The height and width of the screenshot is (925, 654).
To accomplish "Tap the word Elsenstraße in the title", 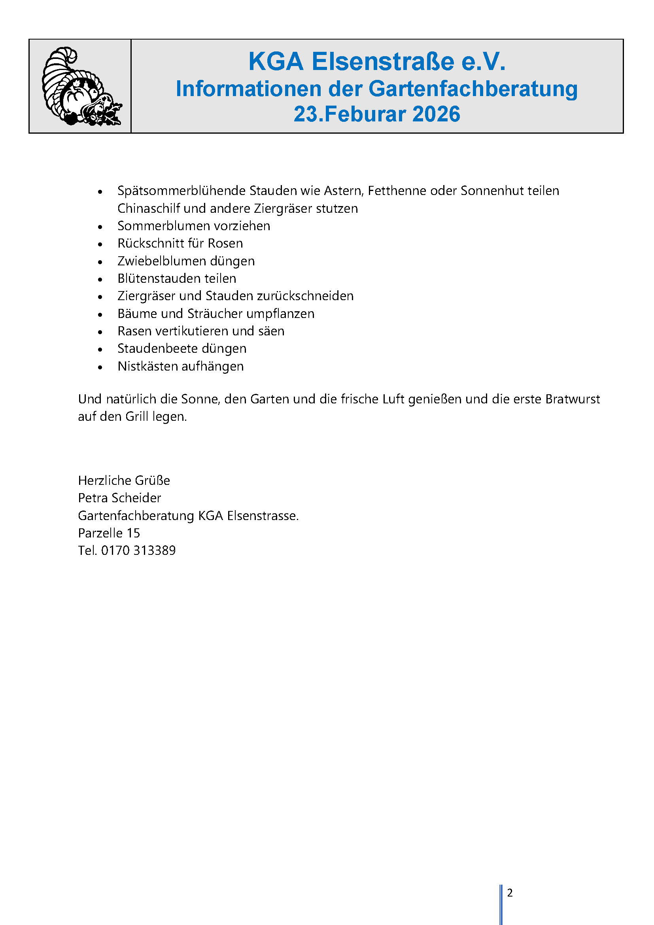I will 383,62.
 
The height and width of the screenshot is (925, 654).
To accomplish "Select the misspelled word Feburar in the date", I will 365,114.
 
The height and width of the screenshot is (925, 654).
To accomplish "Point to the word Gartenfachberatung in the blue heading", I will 473,89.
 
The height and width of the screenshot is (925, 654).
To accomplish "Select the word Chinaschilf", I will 149,208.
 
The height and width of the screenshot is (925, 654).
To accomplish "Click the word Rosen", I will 225,243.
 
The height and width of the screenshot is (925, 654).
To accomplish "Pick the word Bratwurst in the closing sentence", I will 572,399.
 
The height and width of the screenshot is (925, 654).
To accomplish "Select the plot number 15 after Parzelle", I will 133,533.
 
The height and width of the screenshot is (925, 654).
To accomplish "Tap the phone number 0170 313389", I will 138,550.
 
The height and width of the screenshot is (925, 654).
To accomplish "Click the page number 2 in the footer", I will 510,893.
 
